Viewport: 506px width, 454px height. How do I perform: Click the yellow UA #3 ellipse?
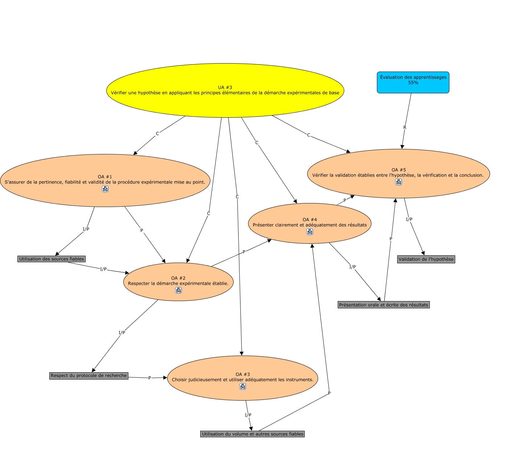(225, 90)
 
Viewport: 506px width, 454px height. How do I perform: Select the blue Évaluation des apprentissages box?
(413, 82)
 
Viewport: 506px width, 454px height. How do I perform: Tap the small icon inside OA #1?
(105, 189)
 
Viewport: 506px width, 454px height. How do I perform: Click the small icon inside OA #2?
(178, 290)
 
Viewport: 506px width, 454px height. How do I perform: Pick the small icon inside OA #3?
(243, 386)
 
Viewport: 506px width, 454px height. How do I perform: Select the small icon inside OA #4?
(310, 232)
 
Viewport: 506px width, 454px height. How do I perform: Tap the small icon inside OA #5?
(399, 182)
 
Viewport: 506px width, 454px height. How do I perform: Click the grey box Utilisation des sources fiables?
(51, 259)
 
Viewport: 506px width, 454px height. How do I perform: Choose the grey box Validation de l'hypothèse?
(426, 259)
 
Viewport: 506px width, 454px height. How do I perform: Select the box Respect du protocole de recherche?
(89, 376)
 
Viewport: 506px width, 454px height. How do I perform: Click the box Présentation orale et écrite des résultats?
(383, 305)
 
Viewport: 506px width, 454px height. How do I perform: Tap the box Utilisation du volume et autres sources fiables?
(252, 434)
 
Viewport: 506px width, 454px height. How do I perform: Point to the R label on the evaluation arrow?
(405, 127)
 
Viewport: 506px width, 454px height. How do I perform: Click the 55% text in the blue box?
(413, 83)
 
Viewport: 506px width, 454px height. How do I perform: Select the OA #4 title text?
(310, 219)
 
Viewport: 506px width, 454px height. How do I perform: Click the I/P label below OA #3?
(248, 415)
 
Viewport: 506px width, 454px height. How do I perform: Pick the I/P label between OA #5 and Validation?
(409, 219)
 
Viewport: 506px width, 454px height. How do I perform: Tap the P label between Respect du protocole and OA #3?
(149, 378)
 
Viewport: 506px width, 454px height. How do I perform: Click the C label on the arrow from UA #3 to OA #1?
(157, 134)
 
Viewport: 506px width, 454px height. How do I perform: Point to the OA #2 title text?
(178, 278)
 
